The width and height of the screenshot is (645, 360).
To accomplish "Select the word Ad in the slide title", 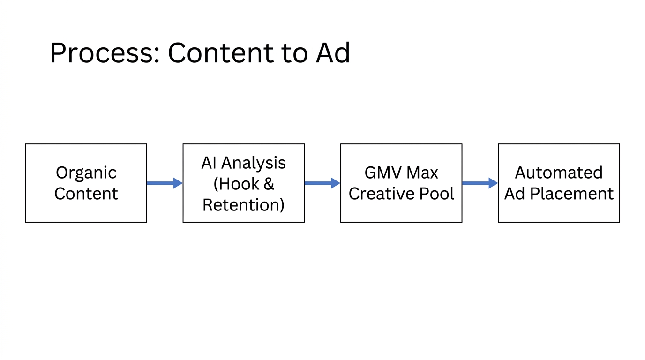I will (333, 52).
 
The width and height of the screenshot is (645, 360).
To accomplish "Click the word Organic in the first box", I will (86, 173).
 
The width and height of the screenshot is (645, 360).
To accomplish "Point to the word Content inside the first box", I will (86, 193).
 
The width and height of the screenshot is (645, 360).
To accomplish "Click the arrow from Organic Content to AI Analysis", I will (165, 183).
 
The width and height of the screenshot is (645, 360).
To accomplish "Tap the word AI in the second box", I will (209, 163).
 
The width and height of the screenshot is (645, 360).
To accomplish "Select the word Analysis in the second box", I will (254, 163).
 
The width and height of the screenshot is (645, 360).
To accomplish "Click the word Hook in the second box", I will (238, 184).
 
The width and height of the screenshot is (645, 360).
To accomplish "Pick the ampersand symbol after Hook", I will (268, 184).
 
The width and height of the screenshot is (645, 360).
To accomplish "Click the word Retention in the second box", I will (243, 205).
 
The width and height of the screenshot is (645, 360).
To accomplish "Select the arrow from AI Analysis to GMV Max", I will (322, 183).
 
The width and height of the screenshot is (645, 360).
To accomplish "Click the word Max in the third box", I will (423, 173).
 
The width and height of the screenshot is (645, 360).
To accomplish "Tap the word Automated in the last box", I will (559, 173).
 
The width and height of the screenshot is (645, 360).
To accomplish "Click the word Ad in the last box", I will (514, 193).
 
